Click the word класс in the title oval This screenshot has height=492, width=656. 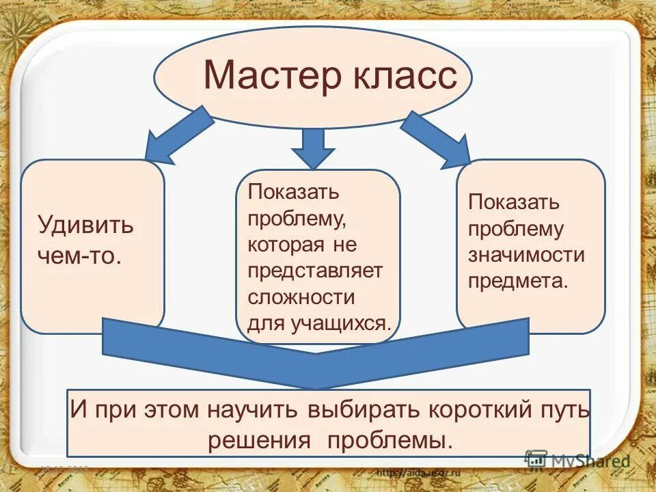point(405,75)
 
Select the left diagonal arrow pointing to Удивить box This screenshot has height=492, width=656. point(180,134)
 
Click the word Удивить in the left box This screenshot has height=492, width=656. point(85,225)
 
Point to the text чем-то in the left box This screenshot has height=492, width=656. point(80,256)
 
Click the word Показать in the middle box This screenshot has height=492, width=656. point(293,191)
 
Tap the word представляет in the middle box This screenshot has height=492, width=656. point(315,271)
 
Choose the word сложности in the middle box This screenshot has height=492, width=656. point(301,297)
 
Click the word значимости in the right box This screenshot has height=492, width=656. point(526,255)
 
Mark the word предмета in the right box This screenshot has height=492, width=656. point(517,281)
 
